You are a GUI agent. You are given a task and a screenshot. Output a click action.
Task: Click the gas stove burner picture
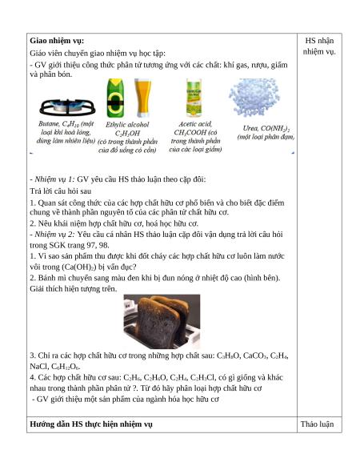pos(67,107)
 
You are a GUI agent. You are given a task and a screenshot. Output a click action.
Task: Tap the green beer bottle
pos(115,98)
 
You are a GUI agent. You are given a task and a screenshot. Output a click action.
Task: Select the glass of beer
pos(143,98)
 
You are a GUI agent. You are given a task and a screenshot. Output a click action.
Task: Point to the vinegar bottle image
pos(194,98)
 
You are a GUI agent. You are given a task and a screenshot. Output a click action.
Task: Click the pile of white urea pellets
pos(254,97)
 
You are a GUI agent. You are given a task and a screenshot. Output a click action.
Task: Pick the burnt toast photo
pos(162,322)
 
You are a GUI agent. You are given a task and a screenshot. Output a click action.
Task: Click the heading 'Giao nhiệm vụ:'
pos(57,41)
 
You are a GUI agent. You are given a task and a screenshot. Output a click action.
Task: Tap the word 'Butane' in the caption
pos(49,123)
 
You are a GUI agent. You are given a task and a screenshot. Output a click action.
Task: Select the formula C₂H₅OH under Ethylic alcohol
pos(127,133)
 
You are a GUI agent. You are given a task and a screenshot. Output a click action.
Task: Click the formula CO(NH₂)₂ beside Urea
pos(275,129)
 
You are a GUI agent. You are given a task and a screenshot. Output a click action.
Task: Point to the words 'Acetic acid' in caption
pos(195,124)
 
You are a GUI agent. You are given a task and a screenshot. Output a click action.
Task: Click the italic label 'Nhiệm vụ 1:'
pos(54,179)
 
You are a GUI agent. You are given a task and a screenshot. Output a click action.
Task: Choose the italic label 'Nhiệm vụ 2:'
pos(54,235)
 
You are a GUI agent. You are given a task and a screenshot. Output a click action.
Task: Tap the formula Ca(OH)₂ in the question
pos(79,267)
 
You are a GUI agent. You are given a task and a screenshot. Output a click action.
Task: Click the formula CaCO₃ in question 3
pos(255,356)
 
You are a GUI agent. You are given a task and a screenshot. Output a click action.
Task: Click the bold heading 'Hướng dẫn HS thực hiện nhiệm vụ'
pos(91,424)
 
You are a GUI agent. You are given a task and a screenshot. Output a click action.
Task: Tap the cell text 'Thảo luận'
pos(318,424)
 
